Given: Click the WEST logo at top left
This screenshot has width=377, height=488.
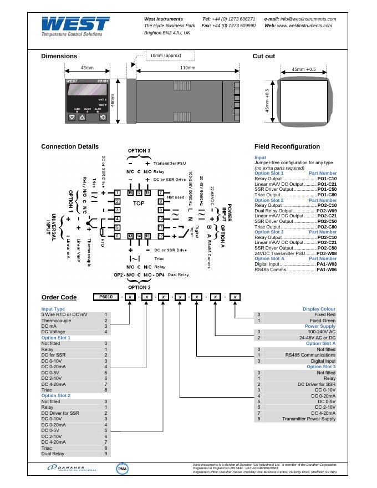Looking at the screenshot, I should [x=75, y=26].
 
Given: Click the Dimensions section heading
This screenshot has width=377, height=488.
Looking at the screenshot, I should [x=59, y=56].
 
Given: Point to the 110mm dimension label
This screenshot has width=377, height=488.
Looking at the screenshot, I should [x=188, y=68].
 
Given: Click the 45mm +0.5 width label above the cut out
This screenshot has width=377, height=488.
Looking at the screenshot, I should [x=303, y=69].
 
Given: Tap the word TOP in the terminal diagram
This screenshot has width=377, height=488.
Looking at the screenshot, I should [x=139, y=204].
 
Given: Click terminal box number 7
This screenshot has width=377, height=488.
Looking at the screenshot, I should [x=160, y=192].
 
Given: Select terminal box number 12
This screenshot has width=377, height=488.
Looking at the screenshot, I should [x=160, y=236].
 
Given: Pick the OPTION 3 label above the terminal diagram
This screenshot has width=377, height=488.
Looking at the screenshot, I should [x=139, y=151].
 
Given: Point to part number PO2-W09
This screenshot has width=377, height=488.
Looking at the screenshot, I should [x=327, y=211].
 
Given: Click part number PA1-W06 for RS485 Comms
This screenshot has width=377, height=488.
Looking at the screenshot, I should [x=327, y=270].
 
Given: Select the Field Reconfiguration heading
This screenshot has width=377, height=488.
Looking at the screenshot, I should [x=287, y=146].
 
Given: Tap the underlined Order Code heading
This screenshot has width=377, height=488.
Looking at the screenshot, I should [x=59, y=297].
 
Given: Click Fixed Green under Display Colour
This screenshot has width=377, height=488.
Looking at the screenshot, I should [x=323, y=321].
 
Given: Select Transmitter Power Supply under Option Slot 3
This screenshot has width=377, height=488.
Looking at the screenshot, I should [x=309, y=419].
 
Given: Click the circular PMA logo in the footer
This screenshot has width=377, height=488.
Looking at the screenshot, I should [x=123, y=469].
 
